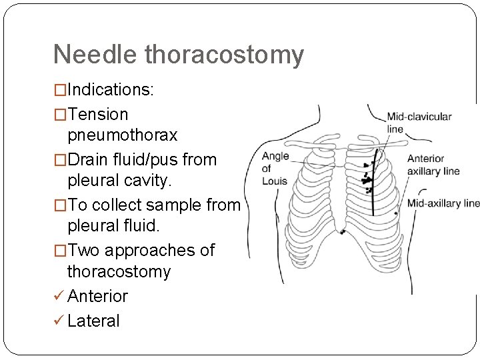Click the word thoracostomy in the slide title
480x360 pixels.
point(224,55)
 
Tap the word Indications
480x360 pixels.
point(110,90)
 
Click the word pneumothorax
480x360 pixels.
point(122,135)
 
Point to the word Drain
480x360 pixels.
point(91,160)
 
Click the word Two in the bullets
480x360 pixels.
point(83,250)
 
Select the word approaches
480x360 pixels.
point(147,250)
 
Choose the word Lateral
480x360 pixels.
point(93,321)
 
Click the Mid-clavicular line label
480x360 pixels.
point(418,122)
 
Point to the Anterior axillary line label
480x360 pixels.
point(433,165)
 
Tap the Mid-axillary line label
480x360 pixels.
point(443,203)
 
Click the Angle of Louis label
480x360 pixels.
point(275,169)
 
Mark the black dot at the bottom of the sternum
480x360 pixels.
point(343,232)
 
